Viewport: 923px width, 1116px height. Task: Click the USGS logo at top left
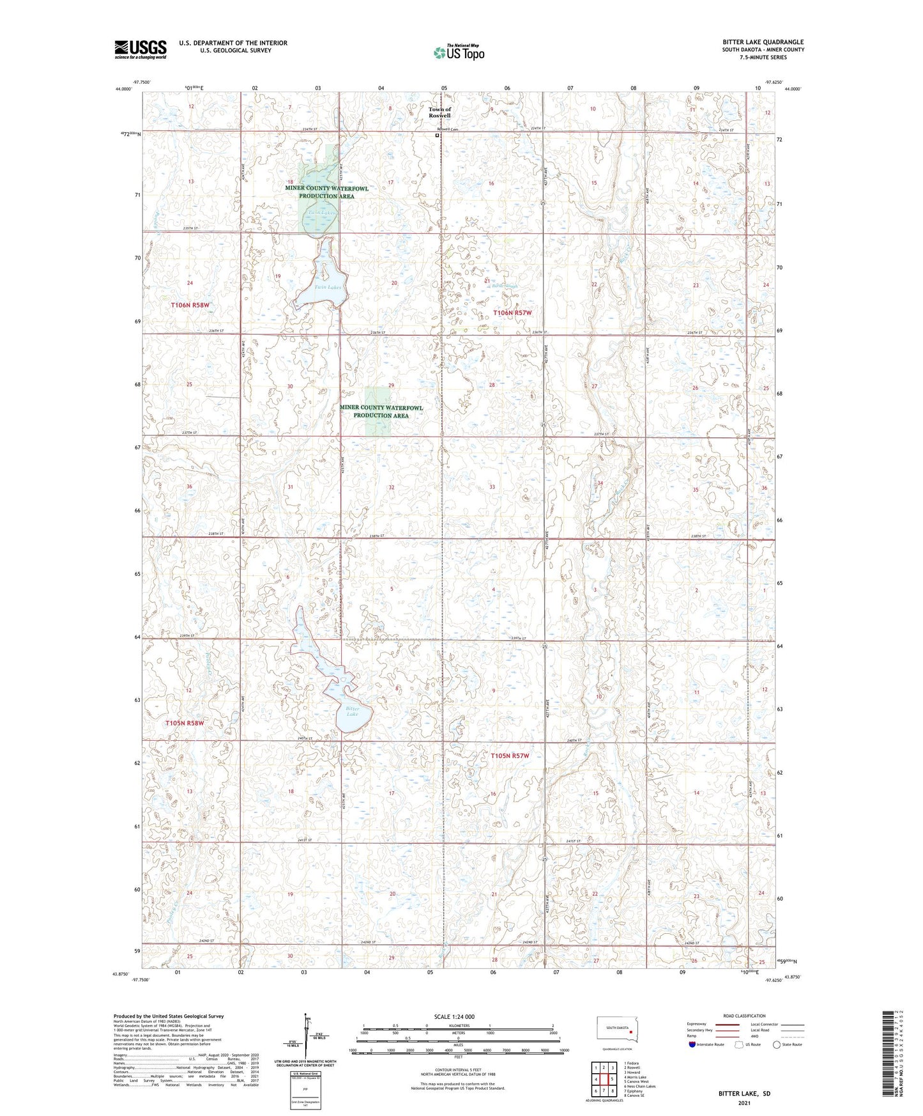[x=141, y=49]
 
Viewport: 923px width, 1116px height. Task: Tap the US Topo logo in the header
[x=458, y=52]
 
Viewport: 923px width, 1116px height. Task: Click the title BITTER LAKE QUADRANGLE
[x=763, y=42]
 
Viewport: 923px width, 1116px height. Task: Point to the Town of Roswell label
[x=439, y=112]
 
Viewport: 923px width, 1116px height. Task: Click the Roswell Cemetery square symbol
[x=437, y=135]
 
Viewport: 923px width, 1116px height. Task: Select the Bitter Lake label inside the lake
[x=353, y=711]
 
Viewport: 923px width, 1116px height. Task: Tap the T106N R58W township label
[x=190, y=306]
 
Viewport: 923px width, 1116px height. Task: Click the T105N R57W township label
[x=510, y=756]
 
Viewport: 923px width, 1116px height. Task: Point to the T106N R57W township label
[x=512, y=313]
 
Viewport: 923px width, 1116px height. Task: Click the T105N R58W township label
[x=185, y=724]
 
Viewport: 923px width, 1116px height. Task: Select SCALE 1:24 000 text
[x=454, y=1016]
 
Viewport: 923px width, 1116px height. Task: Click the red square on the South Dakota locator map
[x=630, y=1030]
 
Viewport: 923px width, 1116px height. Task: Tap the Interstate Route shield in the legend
[x=692, y=1044]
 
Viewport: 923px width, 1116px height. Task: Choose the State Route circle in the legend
[x=777, y=1044]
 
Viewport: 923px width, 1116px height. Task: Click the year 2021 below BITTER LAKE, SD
[x=744, y=1103]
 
